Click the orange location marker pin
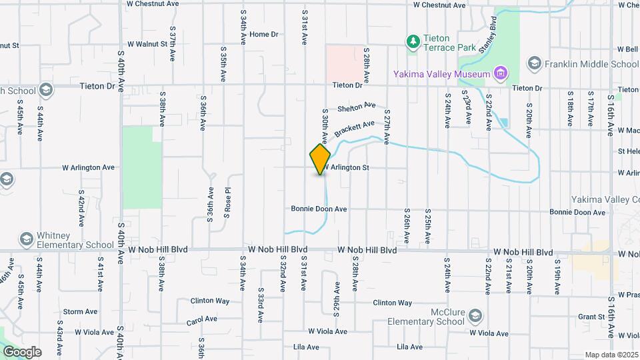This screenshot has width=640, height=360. [x=321, y=159]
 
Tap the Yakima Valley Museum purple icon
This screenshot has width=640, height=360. [x=501, y=73]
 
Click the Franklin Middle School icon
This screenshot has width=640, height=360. [x=533, y=64]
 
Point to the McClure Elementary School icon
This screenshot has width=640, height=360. [x=475, y=315]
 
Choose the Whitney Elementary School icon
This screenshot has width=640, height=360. [x=27, y=239]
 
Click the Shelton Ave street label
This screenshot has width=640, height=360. [x=357, y=107]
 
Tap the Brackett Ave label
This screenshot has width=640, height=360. [x=355, y=128]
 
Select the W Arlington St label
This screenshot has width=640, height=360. [x=347, y=167]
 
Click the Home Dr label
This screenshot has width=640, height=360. [x=263, y=34]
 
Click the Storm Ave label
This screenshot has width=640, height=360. [x=80, y=311]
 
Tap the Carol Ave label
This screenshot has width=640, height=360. [x=202, y=321]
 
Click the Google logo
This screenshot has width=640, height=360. [x=22, y=351]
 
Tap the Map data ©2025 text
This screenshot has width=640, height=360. [x=611, y=355]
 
